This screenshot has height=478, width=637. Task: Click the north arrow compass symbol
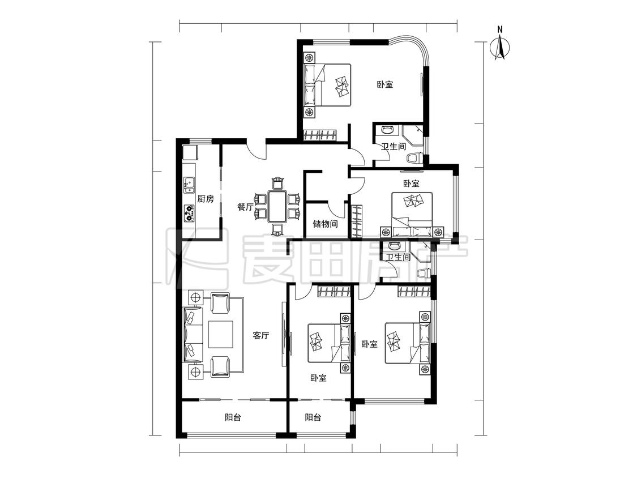[x=500, y=49]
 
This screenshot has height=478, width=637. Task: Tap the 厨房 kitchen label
[x=206, y=199]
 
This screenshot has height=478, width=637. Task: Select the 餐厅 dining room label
[x=245, y=207]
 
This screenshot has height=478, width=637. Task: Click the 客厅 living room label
[x=261, y=336]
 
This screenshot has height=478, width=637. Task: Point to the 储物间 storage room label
[x=325, y=224]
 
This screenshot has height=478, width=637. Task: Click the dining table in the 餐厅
[x=277, y=206]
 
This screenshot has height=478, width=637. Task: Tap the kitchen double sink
[x=189, y=185]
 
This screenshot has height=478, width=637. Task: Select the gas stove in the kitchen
[x=189, y=213]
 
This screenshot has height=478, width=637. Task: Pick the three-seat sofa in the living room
[x=194, y=334]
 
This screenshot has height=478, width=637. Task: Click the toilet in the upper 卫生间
[x=414, y=158]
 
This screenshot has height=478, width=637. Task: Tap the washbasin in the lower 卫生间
[x=394, y=245]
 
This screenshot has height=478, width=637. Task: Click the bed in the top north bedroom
[x=327, y=85]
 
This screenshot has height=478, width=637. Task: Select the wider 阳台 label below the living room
[x=233, y=417]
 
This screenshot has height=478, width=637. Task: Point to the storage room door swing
[x=336, y=209]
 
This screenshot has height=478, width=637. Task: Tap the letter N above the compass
[x=500, y=29]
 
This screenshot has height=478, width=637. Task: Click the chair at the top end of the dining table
[x=278, y=183]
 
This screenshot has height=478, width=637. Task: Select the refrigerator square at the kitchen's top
[x=190, y=152]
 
